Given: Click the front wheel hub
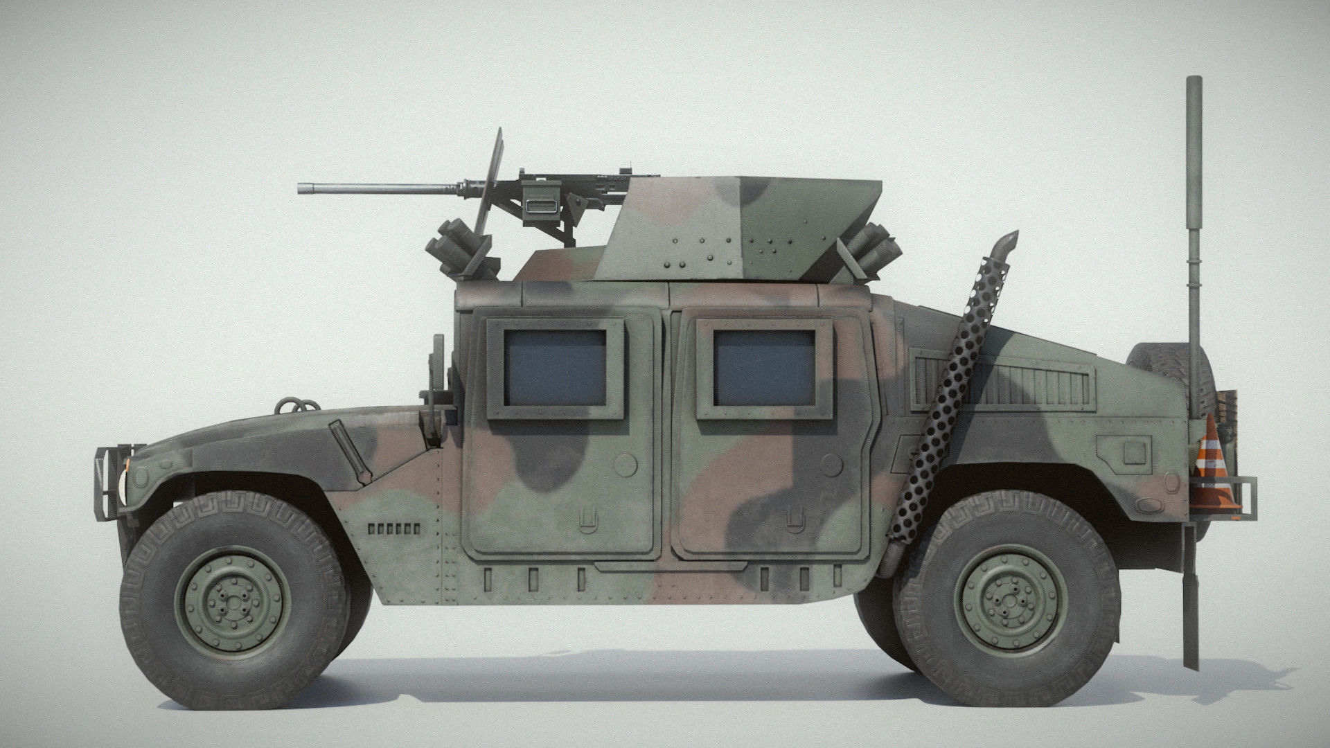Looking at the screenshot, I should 231,599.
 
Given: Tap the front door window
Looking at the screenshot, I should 555,367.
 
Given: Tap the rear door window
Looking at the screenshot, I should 765,367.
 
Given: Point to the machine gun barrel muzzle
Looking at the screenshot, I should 303,188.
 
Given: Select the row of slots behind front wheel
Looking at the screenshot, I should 393,528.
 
